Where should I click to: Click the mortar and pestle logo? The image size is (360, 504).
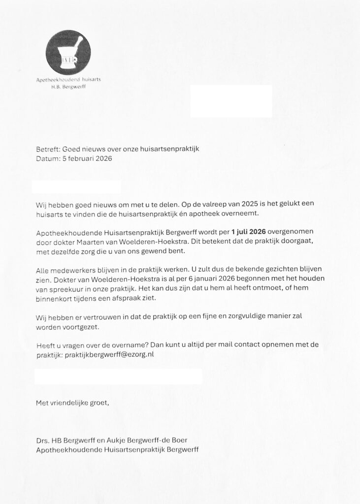pyautogui.click(x=68, y=53)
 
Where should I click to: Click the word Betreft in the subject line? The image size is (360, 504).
pyautogui.click(x=48, y=149)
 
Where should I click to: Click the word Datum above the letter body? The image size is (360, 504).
pyautogui.click(x=48, y=159)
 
